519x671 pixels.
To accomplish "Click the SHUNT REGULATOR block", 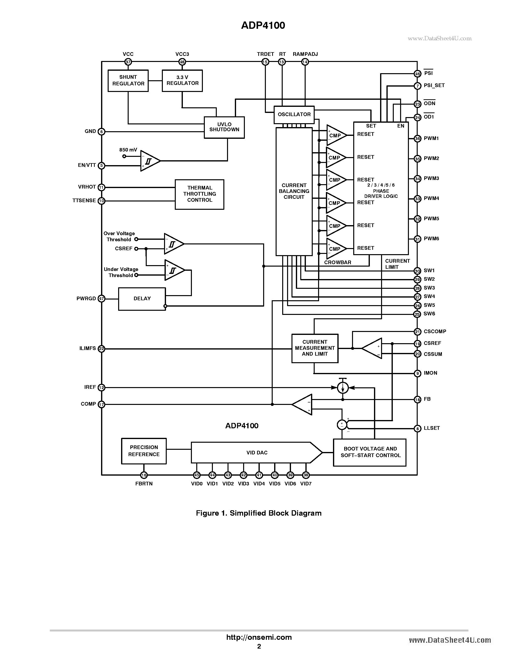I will pyautogui.click(x=128, y=80).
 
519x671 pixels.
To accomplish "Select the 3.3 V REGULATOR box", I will pyautogui.click(x=182, y=80).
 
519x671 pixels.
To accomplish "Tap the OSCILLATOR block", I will pyautogui.click(x=294, y=115).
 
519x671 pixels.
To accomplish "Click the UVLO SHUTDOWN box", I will pyautogui.click(x=224, y=127).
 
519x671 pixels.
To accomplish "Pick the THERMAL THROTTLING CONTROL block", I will pyautogui.click(x=199, y=194).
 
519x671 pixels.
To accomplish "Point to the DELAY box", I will pyautogui.click(x=142, y=299).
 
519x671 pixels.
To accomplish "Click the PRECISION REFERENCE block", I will pyautogui.click(x=144, y=451).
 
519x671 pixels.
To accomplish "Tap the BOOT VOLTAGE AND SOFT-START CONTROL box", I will pyautogui.click(x=370, y=452).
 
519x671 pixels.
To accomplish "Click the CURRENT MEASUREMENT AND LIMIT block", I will pyautogui.click(x=314, y=348).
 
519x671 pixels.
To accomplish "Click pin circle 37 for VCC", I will pyautogui.click(x=128, y=62).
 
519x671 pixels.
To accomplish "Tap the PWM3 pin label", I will pyautogui.click(x=431, y=179).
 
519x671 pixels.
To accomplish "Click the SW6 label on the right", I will pyautogui.click(x=429, y=314).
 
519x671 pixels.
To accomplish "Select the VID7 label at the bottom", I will pyautogui.click(x=306, y=484).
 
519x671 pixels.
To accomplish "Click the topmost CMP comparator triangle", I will pyautogui.click(x=335, y=135).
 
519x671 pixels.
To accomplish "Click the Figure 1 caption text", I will pyautogui.click(x=259, y=513).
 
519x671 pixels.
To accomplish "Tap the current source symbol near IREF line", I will pyautogui.click(x=343, y=388).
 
